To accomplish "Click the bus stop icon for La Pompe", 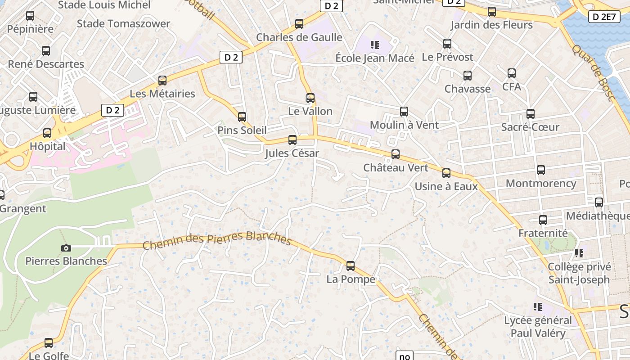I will [x=351, y=266].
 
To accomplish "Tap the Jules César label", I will [x=292, y=153].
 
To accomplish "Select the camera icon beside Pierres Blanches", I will [x=66, y=248].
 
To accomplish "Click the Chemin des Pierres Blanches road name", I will [x=217, y=239].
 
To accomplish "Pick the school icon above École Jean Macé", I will [x=374, y=45].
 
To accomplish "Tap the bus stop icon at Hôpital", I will [x=47, y=133].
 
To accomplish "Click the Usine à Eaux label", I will [x=446, y=186].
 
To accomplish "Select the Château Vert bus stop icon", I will [x=396, y=154].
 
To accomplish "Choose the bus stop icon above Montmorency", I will [x=541, y=170].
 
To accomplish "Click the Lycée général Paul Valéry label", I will [x=538, y=327].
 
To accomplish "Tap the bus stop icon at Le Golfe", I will [x=49, y=343].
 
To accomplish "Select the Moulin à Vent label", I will [x=404, y=125].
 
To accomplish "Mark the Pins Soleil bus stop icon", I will [x=242, y=117].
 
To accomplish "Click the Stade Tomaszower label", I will [x=123, y=23].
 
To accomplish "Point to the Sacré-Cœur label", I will [x=530, y=127].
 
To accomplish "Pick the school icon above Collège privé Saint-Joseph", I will [x=579, y=253].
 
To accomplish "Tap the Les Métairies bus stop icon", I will [x=162, y=81].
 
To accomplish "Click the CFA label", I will [x=511, y=86].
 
